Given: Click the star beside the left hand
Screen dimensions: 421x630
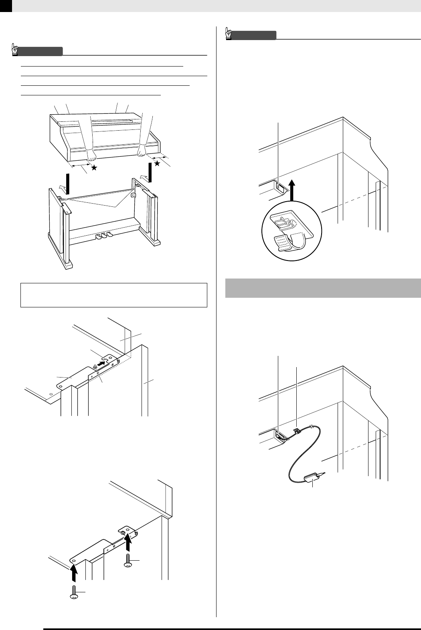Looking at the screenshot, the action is (94, 168).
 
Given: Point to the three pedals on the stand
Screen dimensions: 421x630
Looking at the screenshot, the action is (103, 236).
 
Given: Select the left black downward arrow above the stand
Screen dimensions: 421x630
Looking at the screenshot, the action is (68, 183).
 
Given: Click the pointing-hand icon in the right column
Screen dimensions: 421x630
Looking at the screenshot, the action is (229, 34).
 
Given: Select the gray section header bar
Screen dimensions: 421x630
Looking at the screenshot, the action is (323, 288).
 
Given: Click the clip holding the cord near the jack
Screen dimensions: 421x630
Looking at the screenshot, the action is (297, 431).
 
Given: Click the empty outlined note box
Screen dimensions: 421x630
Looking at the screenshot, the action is (114, 295).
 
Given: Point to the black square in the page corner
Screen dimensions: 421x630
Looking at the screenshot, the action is (6, 6).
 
